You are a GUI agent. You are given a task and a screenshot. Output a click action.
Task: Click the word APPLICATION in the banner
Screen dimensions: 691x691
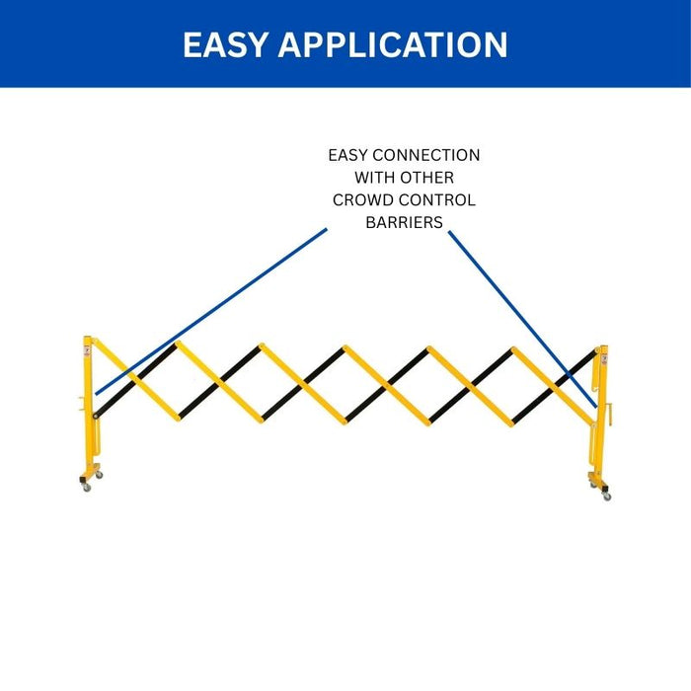pyautogui.click(x=393, y=44)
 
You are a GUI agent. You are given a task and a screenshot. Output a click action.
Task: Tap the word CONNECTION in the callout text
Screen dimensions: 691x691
pyautogui.click(x=426, y=156)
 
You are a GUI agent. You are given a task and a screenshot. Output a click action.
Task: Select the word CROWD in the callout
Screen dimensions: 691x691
pyautogui.click(x=361, y=200)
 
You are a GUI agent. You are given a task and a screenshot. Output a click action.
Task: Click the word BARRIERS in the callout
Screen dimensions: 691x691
pyautogui.click(x=404, y=223)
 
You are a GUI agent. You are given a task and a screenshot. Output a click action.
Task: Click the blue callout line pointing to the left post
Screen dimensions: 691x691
pyautogui.click(x=212, y=311)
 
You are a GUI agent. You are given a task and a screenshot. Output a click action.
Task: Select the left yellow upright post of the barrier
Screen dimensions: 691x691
pyautogui.click(x=90, y=415)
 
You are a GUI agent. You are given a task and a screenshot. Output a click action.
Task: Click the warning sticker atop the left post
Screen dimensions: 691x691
pyautogui.click(x=88, y=346)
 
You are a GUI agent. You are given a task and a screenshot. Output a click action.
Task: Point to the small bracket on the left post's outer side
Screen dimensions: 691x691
pyautogui.click(x=78, y=402)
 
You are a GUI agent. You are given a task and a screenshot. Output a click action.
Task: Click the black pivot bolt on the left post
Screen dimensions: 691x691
pyautogui.click(x=96, y=416)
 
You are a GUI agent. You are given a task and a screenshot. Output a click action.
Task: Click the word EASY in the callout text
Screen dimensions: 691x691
pyautogui.click(x=351, y=156)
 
